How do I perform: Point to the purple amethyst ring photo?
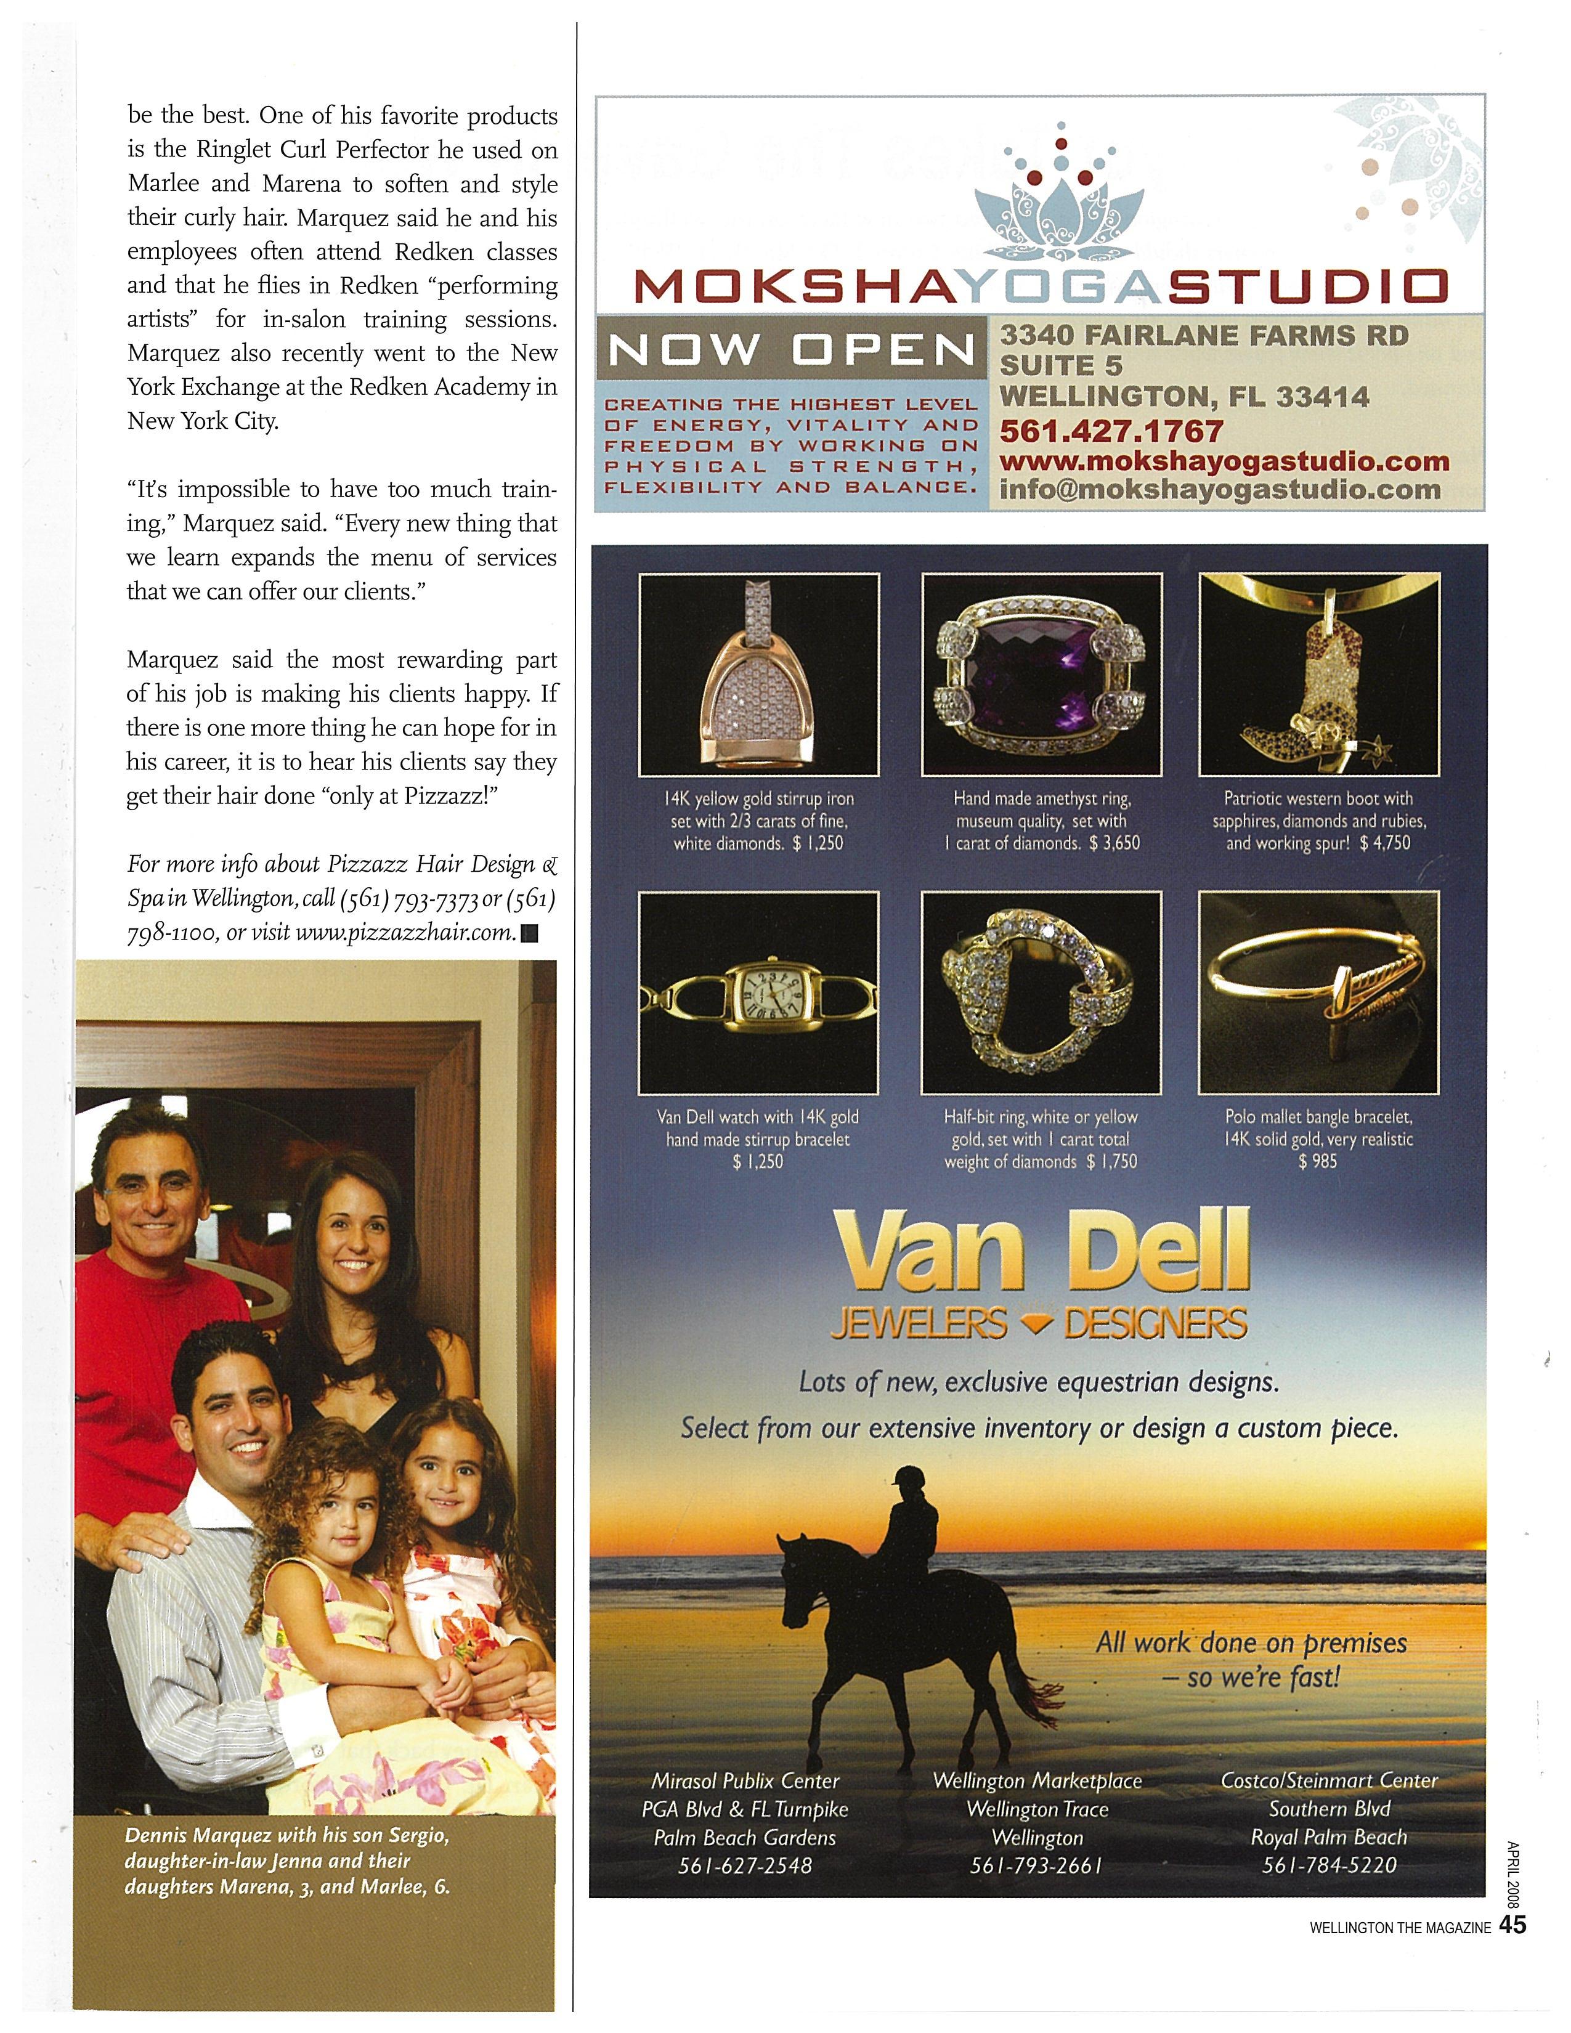(x=1041, y=674)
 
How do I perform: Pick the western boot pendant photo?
(x=1319, y=674)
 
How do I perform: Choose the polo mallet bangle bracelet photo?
(x=1319, y=992)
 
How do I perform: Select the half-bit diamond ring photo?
(x=1041, y=992)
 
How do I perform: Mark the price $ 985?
(x=1318, y=1162)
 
